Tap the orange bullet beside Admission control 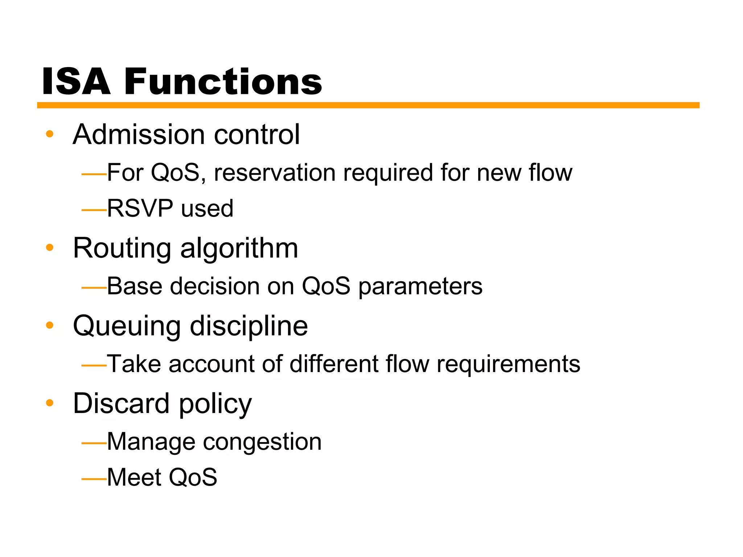(x=50, y=134)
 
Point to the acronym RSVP (x=140, y=209)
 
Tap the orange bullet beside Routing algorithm (x=50, y=248)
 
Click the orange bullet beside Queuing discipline (x=50, y=325)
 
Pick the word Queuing (x=127, y=326)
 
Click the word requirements (x=508, y=364)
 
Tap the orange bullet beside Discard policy (x=50, y=403)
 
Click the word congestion (x=262, y=442)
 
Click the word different (x=334, y=364)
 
